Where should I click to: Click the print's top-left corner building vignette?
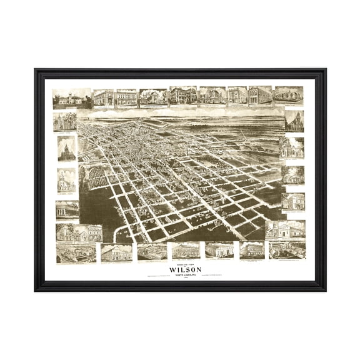tap(72, 97)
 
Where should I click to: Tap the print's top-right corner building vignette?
tap(288, 96)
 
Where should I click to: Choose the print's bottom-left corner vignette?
tap(76, 253)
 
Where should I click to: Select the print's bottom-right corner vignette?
tap(287, 249)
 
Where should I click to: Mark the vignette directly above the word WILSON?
tap(185, 250)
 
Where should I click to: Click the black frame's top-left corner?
tap(36, 69)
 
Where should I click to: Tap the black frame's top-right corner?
tap(324, 69)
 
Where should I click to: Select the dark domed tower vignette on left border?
tap(66, 149)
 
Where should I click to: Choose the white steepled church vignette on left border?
tap(66, 179)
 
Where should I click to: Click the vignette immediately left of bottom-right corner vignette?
tap(252, 250)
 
